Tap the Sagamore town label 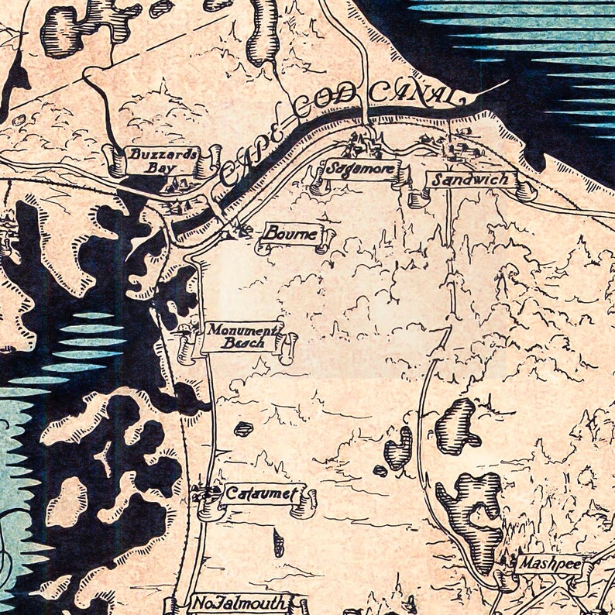[x=360, y=169]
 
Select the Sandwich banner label [x=471, y=180]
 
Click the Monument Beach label [x=241, y=336]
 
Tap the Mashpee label [x=549, y=564]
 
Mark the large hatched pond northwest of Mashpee [x=471, y=515]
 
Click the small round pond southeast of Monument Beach [x=244, y=428]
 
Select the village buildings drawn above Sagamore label [x=360, y=143]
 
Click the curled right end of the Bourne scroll [x=326, y=236]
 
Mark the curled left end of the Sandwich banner [x=419, y=197]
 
